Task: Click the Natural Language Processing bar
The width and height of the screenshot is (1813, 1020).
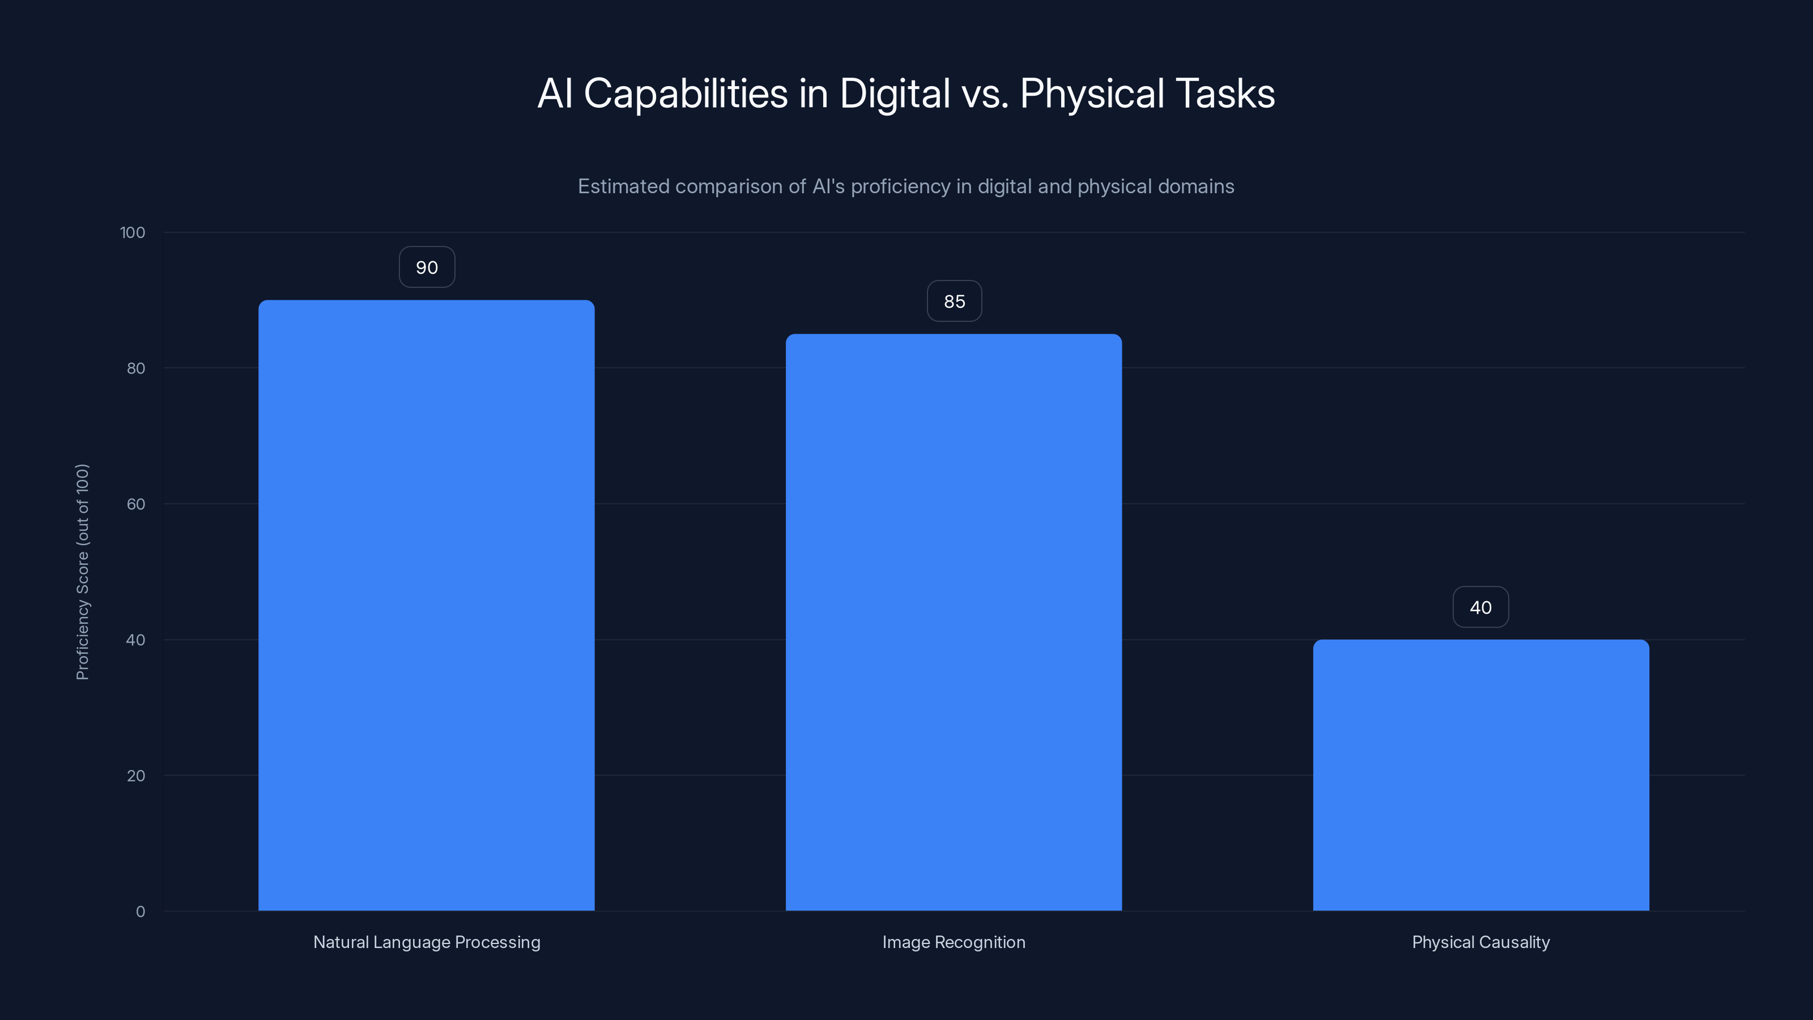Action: pos(427,605)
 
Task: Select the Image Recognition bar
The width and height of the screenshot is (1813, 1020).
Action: pos(954,622)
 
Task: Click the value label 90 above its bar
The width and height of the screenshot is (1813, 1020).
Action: pos(427,267)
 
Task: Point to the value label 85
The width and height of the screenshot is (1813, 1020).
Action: pos(954,301)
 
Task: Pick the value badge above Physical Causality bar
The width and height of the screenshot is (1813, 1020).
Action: pos(1481,607)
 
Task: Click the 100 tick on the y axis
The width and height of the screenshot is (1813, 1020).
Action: pos(133,232)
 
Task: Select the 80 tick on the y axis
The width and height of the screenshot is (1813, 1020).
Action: pos(136,368)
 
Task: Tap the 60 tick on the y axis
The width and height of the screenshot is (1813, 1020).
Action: pos(136,504)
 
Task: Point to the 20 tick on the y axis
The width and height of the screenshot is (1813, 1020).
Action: pos(136,776)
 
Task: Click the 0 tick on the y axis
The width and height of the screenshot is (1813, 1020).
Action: pos(141,912)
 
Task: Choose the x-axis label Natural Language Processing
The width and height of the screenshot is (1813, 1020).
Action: pos(427,942)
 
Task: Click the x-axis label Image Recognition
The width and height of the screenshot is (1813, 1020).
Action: pos(954,942)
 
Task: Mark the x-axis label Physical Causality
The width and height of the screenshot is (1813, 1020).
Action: pos(1481,942)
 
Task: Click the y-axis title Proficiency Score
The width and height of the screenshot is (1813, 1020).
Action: pos(82,572)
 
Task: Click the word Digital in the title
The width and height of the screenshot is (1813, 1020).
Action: pos(895,93)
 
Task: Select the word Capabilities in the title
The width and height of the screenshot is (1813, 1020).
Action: pos(686,93)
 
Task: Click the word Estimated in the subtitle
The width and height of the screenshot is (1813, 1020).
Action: pos(623,186)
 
